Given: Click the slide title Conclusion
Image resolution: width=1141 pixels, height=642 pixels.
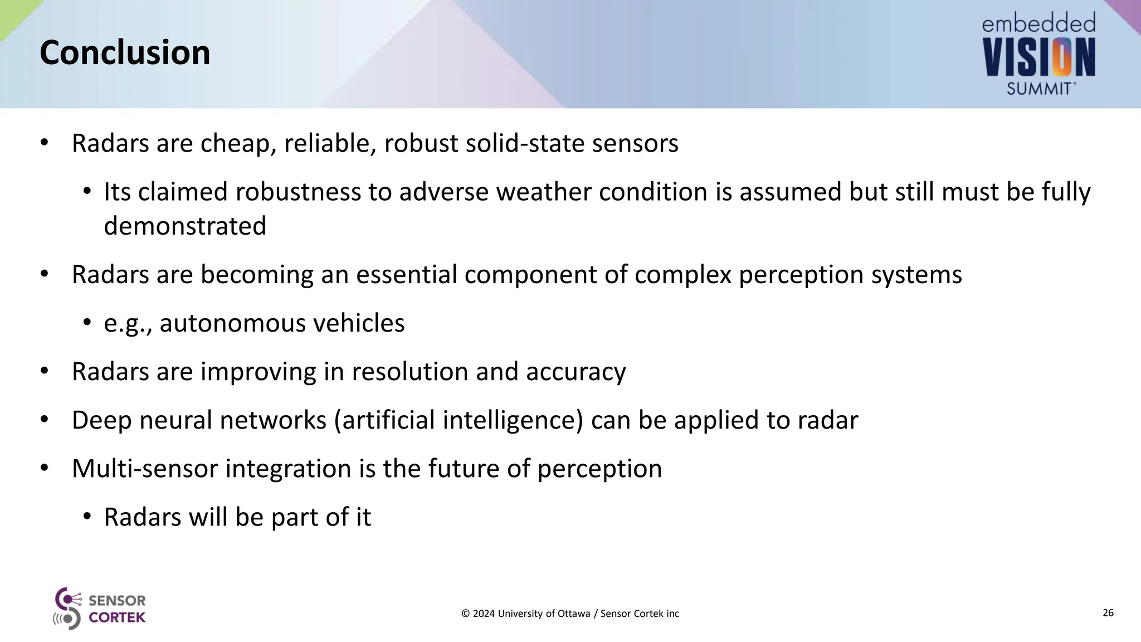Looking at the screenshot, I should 125,53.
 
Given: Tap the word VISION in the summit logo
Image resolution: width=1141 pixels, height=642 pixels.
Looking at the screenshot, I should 1039,57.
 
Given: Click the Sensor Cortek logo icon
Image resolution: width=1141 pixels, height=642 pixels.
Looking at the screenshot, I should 67,609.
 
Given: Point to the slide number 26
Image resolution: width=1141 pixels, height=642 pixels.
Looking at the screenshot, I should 1108,613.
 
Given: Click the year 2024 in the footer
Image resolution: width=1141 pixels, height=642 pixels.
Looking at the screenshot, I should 484,614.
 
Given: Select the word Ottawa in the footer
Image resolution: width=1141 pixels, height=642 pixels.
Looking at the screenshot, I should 574,614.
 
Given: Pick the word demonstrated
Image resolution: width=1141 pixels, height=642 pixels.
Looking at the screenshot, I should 185,226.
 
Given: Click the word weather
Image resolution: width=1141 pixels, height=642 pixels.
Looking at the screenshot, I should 544,192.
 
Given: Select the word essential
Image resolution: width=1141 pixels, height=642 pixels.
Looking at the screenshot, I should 406,275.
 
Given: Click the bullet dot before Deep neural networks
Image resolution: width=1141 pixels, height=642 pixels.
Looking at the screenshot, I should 45,420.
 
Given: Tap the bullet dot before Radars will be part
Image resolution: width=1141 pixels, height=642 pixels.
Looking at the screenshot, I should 87,517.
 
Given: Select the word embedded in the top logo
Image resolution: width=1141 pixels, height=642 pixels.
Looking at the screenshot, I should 1038,23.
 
